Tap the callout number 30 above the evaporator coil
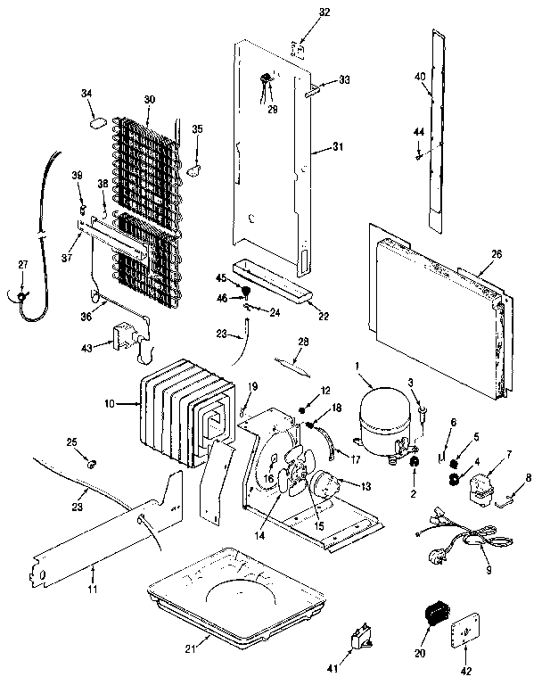[149, 99]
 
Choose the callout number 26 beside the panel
[497, 254]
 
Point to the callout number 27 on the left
[23, 264]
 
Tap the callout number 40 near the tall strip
[419, 78]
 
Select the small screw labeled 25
[90, 463]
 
